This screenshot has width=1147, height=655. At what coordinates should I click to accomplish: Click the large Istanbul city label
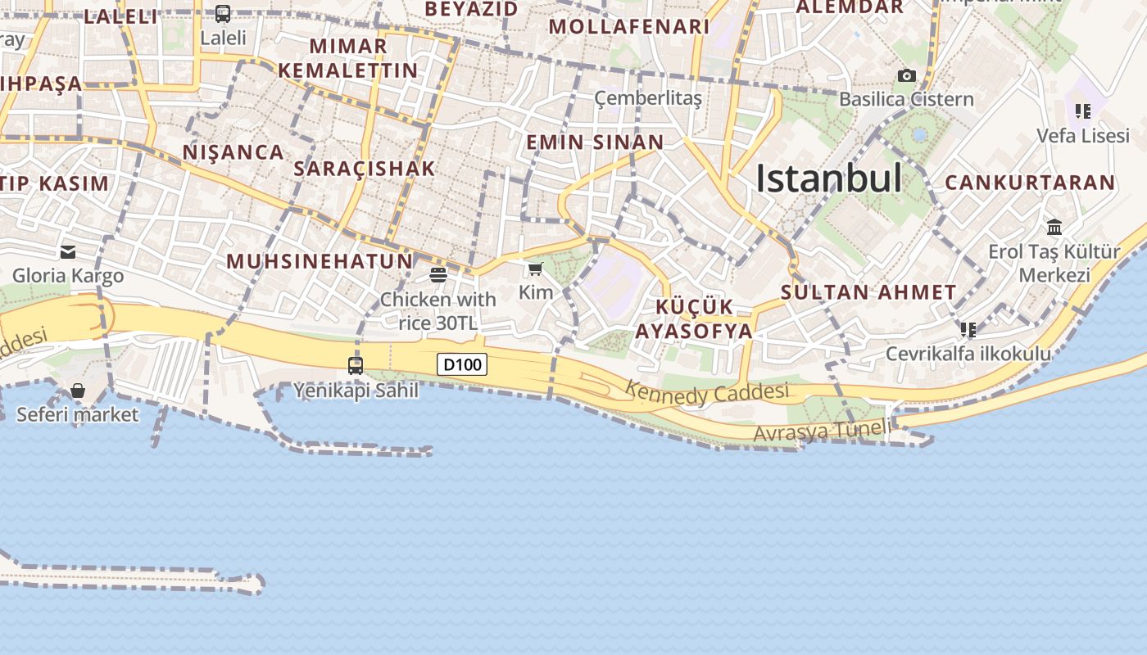point(828,178)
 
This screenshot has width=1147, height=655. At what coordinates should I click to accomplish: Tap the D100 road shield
point(462,364)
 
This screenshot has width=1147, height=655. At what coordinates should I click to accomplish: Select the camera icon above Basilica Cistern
point(906,75)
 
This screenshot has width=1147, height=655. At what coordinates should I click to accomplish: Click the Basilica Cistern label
point(906,99)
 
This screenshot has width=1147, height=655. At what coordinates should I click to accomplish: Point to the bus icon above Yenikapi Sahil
point(356,366)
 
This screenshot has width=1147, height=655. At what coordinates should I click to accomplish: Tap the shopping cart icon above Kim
point(536,269)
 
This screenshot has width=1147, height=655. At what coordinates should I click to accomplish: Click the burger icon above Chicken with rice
point(438,275)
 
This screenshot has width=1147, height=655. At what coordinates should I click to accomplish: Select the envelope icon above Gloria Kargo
point(68,252)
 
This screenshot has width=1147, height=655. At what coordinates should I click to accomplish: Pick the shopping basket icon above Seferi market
point(78,391)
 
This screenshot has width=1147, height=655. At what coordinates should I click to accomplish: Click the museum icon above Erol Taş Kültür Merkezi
point(1054,227)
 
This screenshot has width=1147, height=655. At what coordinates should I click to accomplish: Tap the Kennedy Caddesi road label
point(707,393)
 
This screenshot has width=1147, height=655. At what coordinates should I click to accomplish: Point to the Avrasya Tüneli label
point(822,431)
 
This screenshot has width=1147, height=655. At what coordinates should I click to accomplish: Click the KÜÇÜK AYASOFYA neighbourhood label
point(694,319)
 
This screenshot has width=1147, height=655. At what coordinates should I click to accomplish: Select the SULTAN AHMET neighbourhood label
point(868,292)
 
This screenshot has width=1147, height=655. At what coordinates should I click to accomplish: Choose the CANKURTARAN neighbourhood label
point(1030,183)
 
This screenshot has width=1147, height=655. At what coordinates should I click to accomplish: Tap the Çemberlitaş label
point(648,99)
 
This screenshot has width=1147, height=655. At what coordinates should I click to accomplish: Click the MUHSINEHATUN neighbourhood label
point(320,261)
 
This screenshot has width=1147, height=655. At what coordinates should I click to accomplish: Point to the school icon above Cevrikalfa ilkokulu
point(968,330)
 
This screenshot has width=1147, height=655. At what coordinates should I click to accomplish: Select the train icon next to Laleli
point(223,14)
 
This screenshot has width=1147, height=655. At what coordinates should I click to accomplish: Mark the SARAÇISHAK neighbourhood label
point(364,169)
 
